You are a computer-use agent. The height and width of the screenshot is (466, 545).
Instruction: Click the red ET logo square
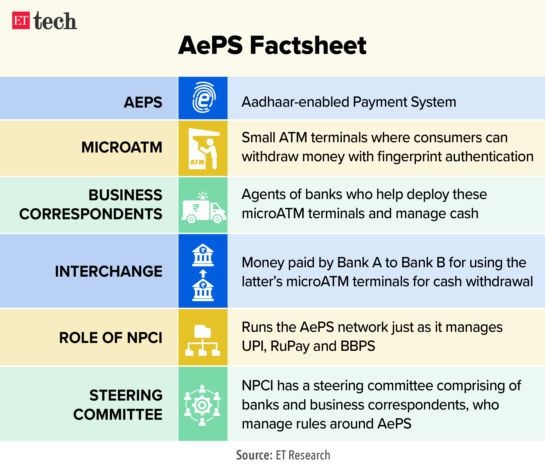(x=21, y=20)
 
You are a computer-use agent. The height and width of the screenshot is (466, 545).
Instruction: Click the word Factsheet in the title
(x=308, y=45)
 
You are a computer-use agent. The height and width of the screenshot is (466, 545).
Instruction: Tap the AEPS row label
(x=143, y=102)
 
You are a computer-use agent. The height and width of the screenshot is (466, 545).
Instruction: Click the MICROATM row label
(x=122, y=147)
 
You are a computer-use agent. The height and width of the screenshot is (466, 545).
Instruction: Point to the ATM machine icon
(x=204, y=149)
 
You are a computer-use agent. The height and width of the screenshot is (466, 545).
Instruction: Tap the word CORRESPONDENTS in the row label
(x=91, y=214)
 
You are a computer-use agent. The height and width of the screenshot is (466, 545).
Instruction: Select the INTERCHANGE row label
(x=109, y=271)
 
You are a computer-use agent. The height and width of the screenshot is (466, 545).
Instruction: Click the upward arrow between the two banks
(x=203, y=274)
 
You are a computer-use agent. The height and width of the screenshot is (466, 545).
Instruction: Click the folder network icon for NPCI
(x=203, y=340)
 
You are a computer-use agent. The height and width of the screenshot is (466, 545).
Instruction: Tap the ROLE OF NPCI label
(x=111, y=338)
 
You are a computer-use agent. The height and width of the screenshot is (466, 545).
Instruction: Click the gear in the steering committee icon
(x=202, y=405)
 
